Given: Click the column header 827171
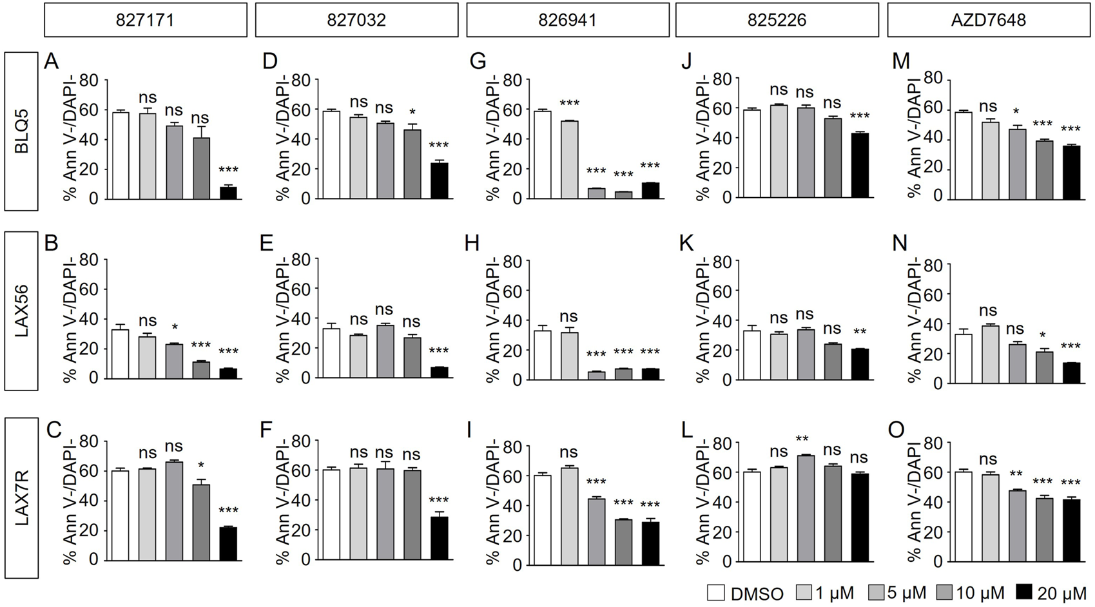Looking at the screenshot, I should tap(146, 19).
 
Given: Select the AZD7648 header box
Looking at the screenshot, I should tap(988, 19).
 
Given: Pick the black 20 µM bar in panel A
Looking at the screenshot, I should tap(228, 192).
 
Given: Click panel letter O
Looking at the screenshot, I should tap(896, 429).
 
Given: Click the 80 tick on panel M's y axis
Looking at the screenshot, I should tap(934, 79).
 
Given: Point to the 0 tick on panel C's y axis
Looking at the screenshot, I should tap(94, 560).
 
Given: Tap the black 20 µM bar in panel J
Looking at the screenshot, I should tap(860, 164).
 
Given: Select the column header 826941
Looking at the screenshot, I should tap(567, 19).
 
